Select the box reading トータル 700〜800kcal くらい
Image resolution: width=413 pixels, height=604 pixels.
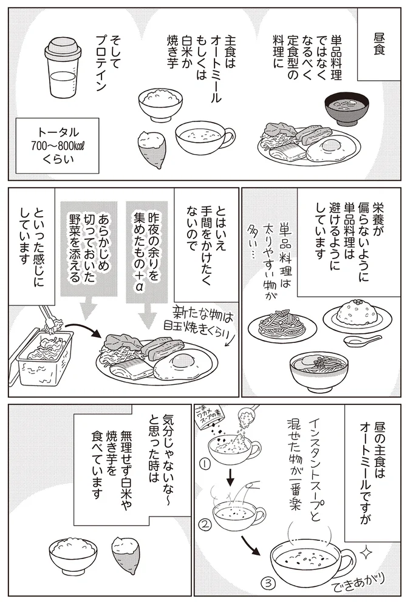pyautogui.click(x=58, y=143)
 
